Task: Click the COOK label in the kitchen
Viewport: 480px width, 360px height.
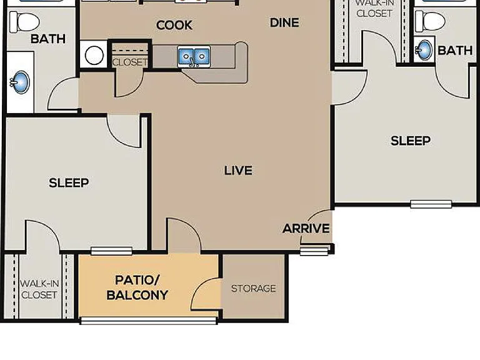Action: [x=174, y=25]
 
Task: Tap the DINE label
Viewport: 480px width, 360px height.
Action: [x=284, y=22]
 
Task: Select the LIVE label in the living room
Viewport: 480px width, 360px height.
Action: [x=238, y=171]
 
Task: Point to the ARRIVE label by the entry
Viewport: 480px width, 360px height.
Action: [x=306, y=228]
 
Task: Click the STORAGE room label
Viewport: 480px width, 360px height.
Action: [x=254, y=288]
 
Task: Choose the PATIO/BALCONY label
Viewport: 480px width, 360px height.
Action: [x=137, y=287]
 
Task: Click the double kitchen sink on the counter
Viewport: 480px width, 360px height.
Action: [x=194, y=57]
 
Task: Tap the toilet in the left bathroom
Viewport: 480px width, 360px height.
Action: [x=24, y=22]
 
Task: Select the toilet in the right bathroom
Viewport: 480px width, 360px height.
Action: [x=430, y=21]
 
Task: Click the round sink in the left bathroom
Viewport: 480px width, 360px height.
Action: [x=20, y=82]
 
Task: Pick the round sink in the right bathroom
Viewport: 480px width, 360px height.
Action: [x=424, y=49]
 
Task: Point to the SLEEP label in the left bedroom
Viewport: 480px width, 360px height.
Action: [x=69, y=182]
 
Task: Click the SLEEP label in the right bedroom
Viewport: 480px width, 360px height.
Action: [x=411, y=141]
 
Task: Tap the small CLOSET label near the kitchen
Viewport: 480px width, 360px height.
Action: [x=130, y=62]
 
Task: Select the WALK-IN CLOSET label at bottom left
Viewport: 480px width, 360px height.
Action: [x=39, y=289]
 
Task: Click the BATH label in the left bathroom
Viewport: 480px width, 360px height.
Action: [x=48, y=39]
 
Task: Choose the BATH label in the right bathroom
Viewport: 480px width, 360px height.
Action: [x=455, y=51]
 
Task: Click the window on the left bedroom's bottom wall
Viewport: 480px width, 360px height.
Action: [x=111, y=251]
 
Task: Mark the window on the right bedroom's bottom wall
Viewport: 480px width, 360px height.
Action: [x=431, y=204]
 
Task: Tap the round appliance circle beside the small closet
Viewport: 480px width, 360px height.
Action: [x=94, y=55]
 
